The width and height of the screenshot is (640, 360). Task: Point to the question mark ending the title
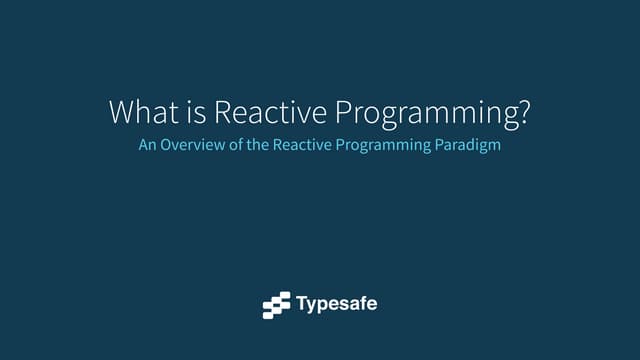tap(524, 112)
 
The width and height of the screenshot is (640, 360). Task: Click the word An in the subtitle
tap(146, 145)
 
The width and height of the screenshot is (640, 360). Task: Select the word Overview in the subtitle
tap(190, 145)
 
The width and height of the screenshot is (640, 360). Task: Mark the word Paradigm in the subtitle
tap(468, 146)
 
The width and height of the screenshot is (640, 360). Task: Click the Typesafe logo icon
tap(276, 305)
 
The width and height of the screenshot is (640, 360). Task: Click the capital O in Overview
tap(168, 145)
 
